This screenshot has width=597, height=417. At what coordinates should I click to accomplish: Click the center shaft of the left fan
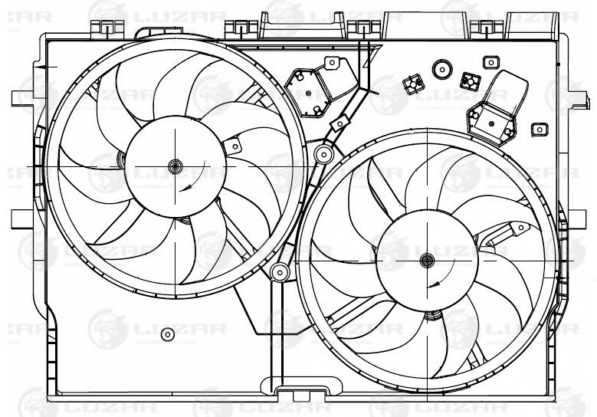175,166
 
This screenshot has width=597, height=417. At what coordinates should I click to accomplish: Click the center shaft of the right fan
427,261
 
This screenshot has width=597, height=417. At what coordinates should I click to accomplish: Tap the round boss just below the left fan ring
280,272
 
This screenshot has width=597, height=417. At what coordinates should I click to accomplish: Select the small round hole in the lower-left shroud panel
168,334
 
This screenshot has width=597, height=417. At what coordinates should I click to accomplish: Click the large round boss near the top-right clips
442,70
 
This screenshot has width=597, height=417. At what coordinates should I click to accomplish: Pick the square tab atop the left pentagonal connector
332,63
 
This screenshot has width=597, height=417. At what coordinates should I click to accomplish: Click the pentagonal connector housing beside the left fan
307,93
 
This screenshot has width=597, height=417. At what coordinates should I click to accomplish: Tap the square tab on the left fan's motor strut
233,146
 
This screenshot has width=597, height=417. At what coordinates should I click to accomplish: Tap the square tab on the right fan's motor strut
520,228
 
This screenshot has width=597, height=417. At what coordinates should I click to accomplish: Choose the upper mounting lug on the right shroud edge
577,100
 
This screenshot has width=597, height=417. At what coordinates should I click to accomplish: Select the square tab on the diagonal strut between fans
340,123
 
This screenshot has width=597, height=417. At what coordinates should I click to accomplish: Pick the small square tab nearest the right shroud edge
540,130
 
